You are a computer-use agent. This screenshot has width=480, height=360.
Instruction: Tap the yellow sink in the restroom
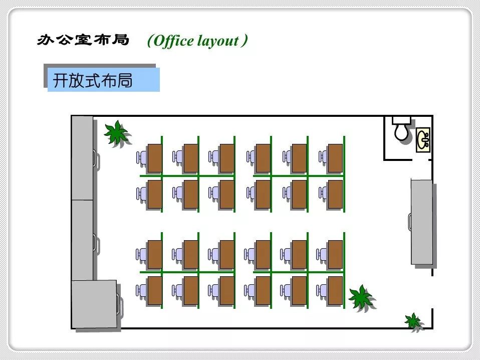[x=423, y=139]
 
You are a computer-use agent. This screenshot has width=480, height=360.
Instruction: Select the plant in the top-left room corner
[x=116, y=133]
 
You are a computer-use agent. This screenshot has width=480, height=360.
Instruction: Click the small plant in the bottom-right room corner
[x=413, y=321]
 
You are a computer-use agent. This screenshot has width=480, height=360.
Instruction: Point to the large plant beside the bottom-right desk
[x=361, y=297]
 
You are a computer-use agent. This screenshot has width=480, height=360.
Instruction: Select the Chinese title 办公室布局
[x=83, y=40]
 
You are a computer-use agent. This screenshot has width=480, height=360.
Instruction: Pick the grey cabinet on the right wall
[x=422, y=221]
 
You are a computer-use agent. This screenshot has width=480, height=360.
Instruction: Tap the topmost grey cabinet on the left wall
[x=82, y=158]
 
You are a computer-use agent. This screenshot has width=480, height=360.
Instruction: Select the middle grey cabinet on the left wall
[x=82, y=240]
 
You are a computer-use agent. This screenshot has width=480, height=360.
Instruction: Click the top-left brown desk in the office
[x=154, y=157]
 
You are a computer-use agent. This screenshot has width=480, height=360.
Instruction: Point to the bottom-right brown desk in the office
[x=335, y=290]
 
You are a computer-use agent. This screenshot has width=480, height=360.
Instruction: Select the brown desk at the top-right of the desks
[x=335, y=157]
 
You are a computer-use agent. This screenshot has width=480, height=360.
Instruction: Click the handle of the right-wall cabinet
[x=409, y=221]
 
